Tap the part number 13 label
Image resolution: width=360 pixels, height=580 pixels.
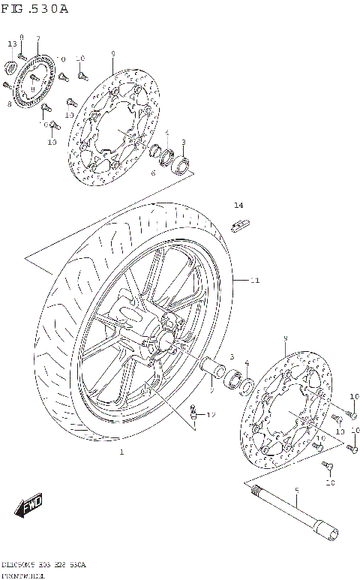11,45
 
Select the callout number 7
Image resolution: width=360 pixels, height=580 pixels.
37,38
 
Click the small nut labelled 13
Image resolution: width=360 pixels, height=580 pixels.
10,68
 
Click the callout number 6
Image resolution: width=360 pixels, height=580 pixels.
152,173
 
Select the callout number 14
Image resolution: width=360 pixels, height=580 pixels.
238,205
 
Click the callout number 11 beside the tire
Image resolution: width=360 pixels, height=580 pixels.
254,281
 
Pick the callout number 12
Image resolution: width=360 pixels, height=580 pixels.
211,414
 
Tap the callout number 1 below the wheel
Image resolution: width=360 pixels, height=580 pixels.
121,452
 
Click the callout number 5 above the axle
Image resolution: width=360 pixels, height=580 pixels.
297,491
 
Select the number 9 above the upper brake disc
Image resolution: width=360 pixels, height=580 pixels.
112,53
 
